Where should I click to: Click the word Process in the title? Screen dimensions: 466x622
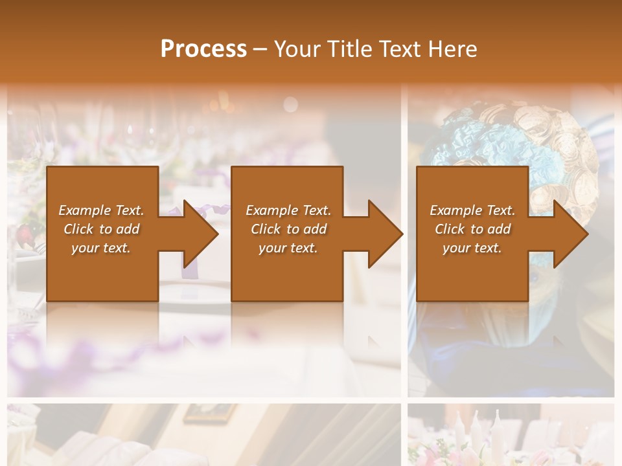point(203,49)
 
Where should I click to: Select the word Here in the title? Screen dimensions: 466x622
point(452,49)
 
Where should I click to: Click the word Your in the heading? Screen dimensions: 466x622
point(297,49)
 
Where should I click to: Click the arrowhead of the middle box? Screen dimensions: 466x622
point(384,234)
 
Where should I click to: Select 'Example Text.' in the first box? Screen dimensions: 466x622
point(101,210)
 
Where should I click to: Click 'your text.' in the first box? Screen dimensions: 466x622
point(101,248)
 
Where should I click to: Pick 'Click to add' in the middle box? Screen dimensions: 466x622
point(288,229)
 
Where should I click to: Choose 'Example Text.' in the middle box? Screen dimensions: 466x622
point(288,210)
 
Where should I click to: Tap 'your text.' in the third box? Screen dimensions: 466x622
point(472,248)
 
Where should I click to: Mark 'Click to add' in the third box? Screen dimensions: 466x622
point(472,229)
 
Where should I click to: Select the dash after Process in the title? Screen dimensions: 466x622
point(260,49)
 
